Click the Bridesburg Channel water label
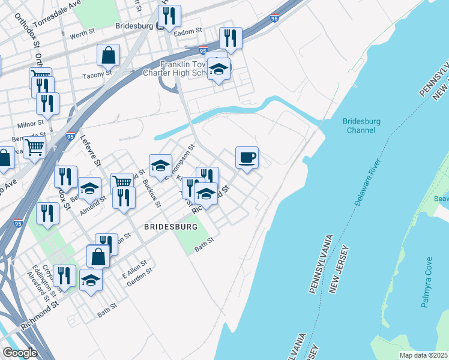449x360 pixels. [x=362, y=125]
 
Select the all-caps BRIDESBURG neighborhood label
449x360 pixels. [x=170, y=227]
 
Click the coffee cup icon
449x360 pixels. [x=247, y=158]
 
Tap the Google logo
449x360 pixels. [x=20, y=353]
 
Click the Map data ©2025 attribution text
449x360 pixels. [x=423, y=355]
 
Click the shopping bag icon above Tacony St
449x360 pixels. [x=109, y=55]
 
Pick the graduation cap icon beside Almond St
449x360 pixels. [x=89, y=190]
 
